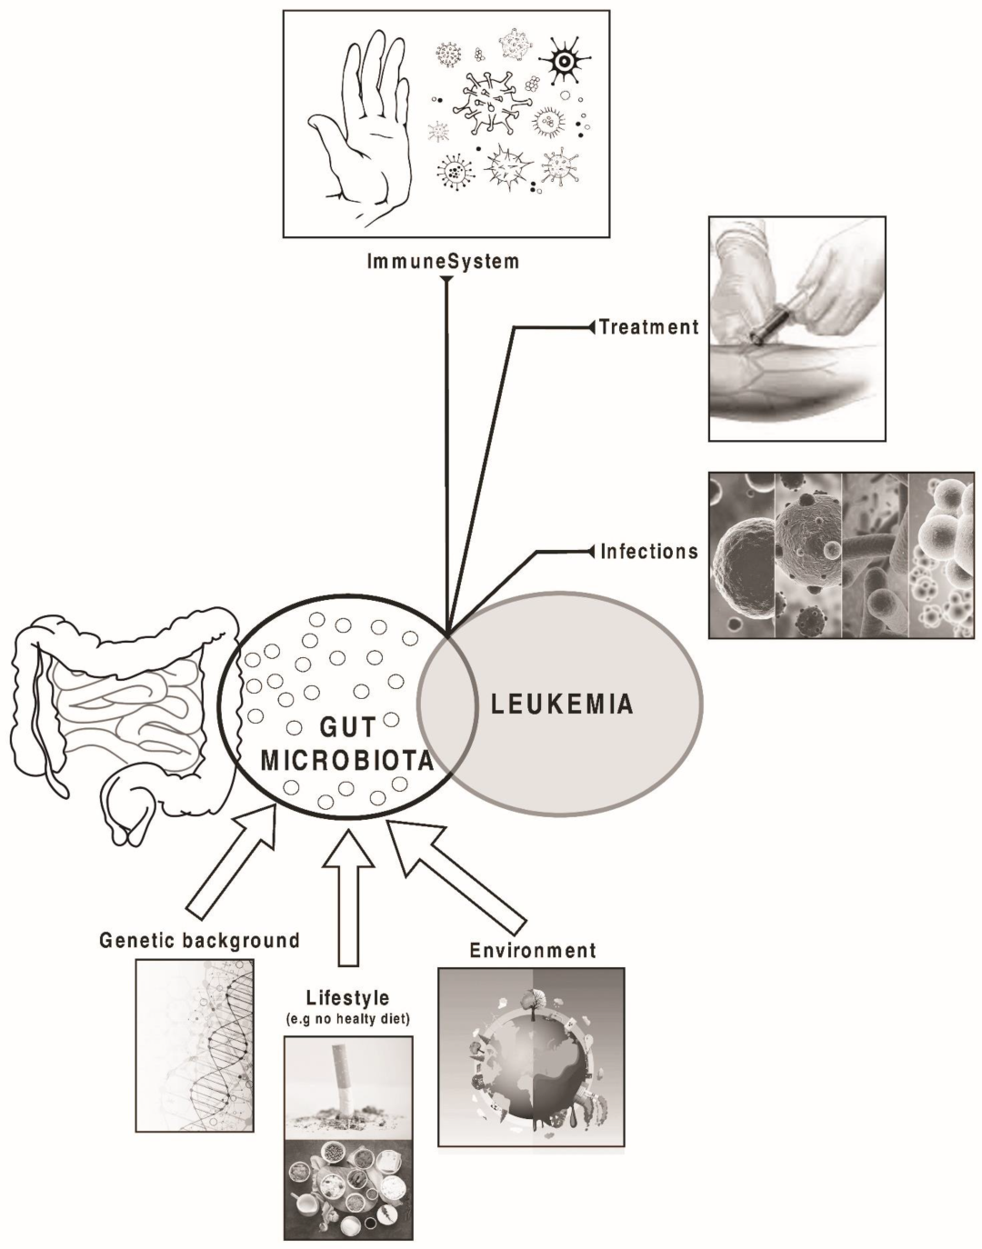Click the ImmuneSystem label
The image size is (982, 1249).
443,262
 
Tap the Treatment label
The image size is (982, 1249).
649,327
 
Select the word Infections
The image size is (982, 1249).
649,551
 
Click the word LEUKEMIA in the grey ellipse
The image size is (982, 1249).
562,704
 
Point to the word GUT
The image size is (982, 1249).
347,728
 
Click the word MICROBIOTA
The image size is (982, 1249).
346,761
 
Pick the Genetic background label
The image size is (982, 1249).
199,940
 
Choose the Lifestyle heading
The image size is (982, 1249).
347,998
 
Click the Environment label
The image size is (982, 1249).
533,951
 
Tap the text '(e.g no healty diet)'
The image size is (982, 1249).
347,1019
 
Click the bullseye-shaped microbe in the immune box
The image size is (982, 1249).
564,62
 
